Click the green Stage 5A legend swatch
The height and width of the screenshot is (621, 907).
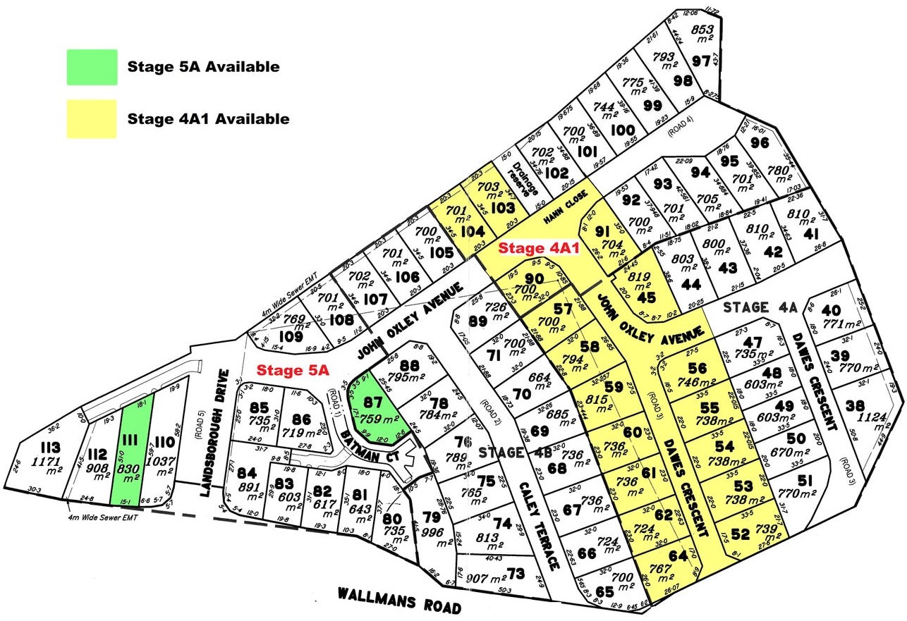coord(92,67)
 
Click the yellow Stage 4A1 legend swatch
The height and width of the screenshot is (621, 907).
coord(92,118)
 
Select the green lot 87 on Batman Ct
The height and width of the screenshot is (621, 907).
coord(374,405)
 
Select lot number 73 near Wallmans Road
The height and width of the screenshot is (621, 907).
coord(517,574)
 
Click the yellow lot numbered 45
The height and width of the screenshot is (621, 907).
coord(647,297)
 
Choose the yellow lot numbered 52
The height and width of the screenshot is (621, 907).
coord(740,534)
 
